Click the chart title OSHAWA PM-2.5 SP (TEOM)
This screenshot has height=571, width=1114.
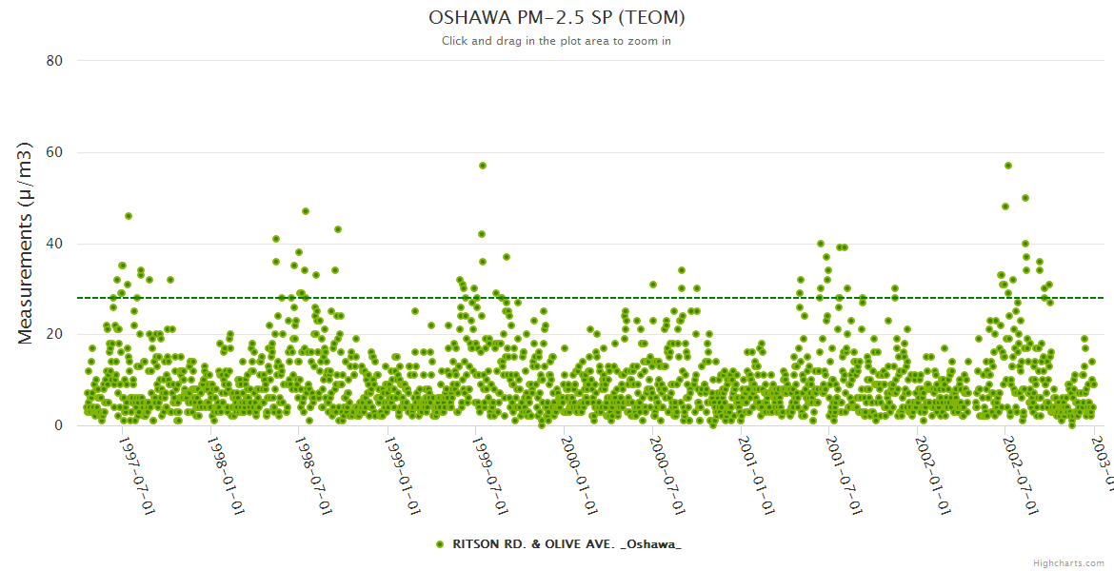tap(557, 18)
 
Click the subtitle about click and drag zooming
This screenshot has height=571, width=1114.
tap(557, 41)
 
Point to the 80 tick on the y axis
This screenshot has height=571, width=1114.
tap(54, 61)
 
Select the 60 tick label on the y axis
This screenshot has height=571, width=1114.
tap(54, 152)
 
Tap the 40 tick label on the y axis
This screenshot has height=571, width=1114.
tap(54, 244)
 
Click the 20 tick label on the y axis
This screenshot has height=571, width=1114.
tap(54, 334)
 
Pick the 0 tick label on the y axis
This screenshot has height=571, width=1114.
tap(58, 425)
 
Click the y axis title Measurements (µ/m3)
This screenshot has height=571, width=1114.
tap(26, 243)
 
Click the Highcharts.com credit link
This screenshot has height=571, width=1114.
tap(1068, 563)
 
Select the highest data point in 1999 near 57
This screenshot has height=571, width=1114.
tap(483, 166)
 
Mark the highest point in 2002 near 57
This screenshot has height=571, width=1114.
tap(1008, 166)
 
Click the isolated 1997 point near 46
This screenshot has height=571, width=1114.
tap(129, 216)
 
